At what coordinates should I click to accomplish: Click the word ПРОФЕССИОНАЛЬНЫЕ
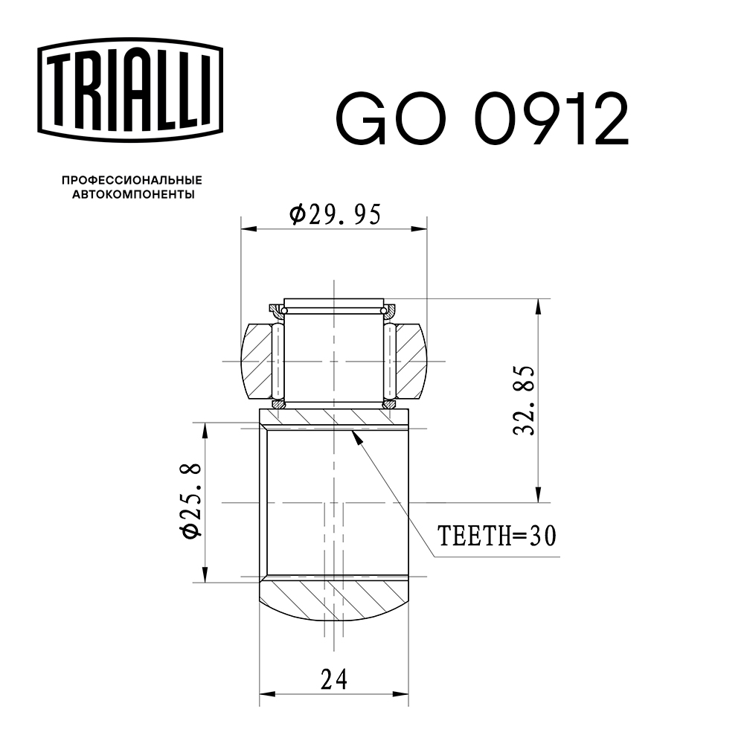pyautogui.click(x=132, y=180)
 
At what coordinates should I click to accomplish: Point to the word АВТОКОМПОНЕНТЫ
pyautogui.click(x=132, y=195)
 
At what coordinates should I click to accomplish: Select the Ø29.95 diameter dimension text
pyautogui.click(x=334, y=214)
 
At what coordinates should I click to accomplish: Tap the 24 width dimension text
pyautogui.click(x=334, y=679)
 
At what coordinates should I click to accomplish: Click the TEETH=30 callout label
pyautogui.click(x=496, y=536)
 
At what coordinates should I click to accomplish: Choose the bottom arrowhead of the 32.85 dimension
pyautogui.click(x=537, y=497)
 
